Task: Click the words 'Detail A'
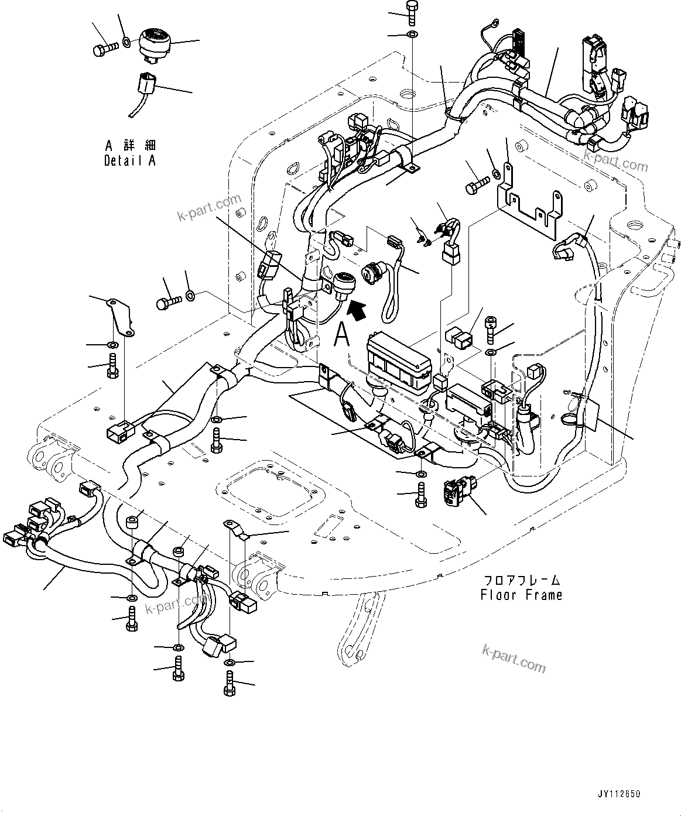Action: coord(130,160)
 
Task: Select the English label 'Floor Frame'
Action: coord(521,595)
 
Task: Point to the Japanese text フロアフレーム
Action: coord(521,580)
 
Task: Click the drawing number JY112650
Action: coord(619,794)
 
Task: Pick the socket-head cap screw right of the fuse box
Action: coord(491,329)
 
